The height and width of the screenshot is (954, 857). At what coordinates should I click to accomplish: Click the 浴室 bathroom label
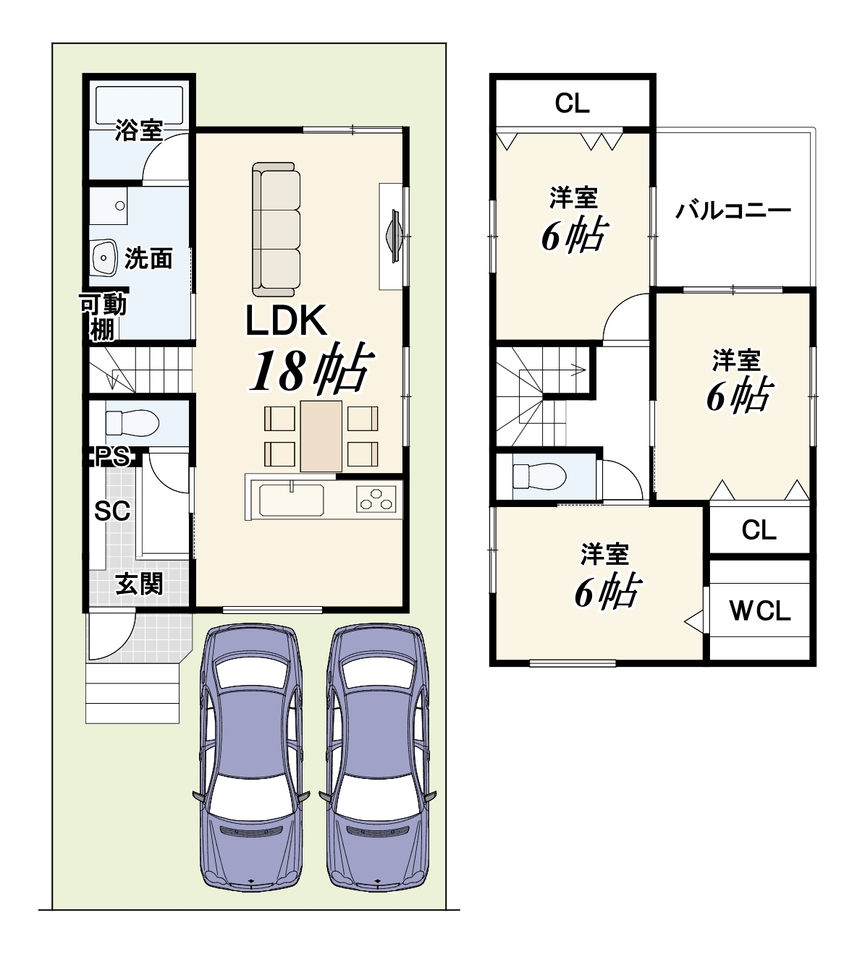pos(139,130)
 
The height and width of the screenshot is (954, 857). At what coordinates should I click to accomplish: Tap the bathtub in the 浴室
pos(140,105)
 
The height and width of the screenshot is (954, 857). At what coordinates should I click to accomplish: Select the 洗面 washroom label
pos(148,258)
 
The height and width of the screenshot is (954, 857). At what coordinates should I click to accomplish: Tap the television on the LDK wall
pos(394,236)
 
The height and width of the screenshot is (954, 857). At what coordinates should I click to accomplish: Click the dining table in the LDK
pos(321,436)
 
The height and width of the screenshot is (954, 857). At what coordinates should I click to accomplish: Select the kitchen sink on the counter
pos(291,500)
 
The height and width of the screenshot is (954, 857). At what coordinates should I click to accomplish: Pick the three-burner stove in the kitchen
pos(376,499)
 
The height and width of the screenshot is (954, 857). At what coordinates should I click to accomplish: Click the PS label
pos(112,456)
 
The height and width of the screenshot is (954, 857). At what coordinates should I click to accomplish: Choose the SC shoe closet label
pos(112,511)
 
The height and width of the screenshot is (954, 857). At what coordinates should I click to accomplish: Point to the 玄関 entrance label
pos(140,584)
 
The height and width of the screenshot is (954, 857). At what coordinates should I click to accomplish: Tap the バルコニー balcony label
pos(733,210)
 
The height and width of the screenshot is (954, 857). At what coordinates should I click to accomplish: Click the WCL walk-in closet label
pos(759,611)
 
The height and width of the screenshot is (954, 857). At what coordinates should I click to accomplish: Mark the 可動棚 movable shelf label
pos(104,317)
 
